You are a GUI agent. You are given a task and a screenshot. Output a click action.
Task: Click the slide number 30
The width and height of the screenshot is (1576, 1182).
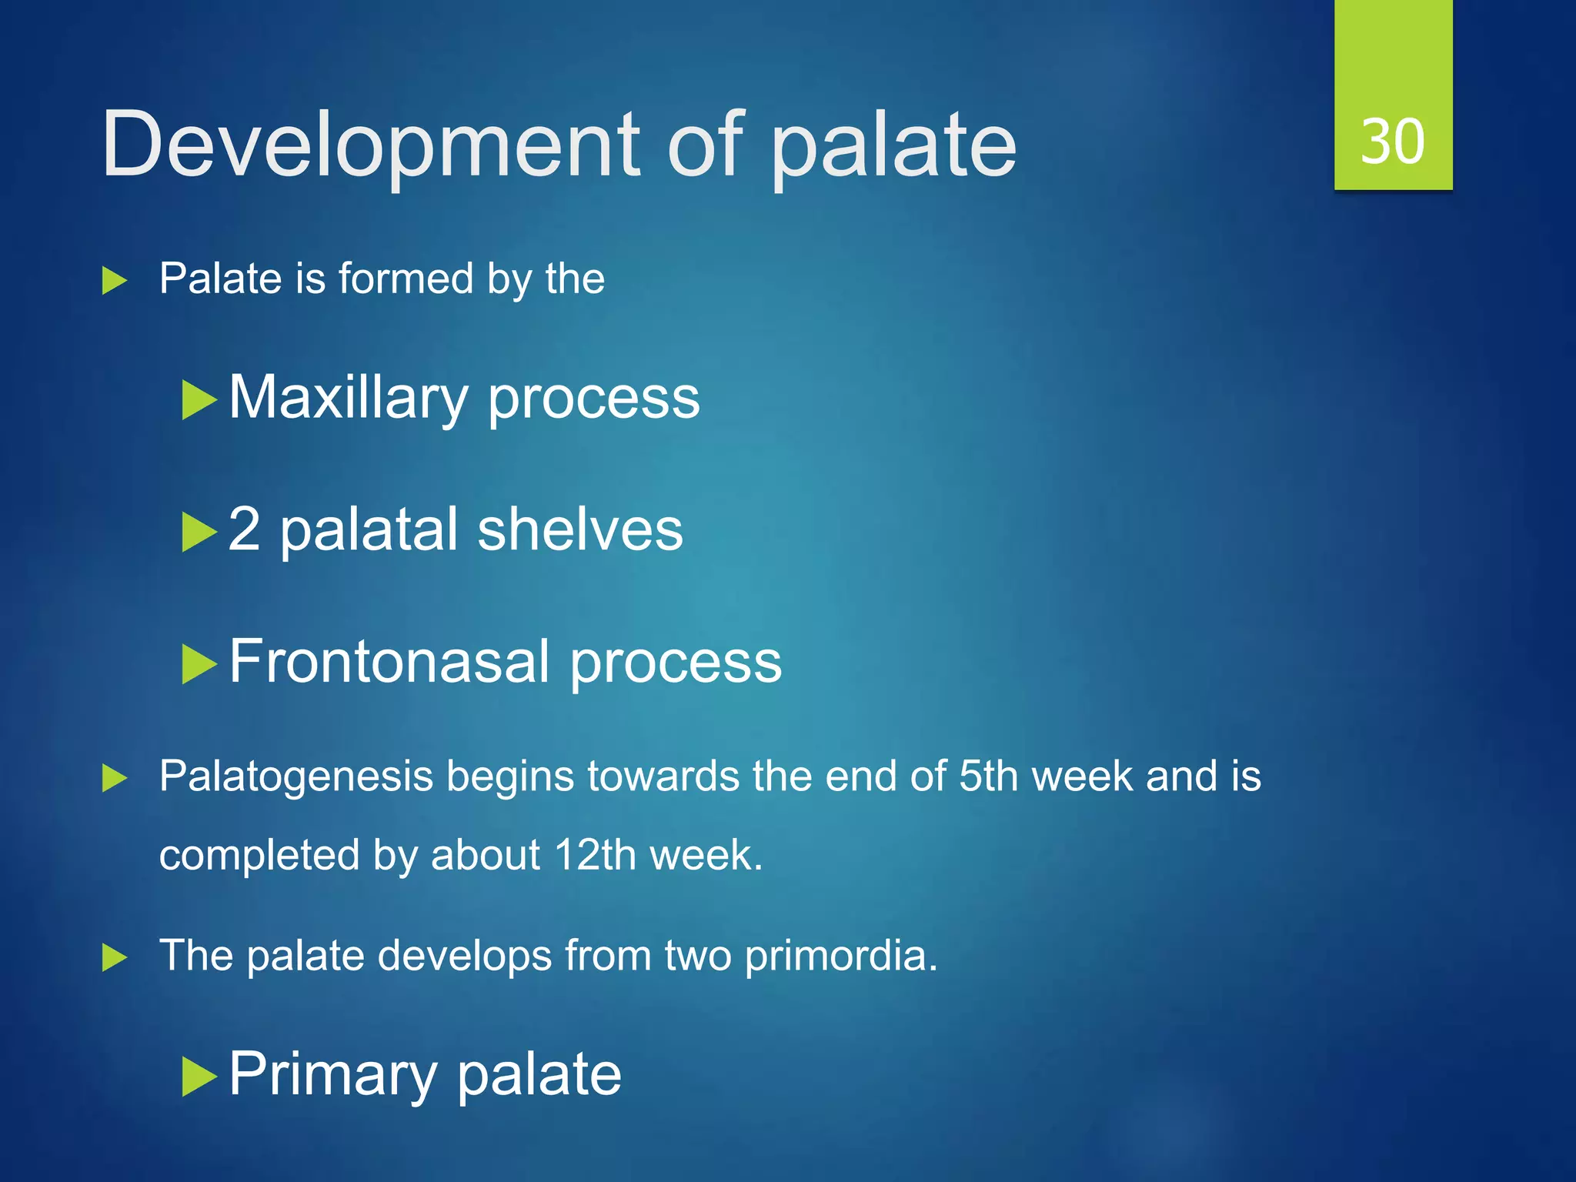coord(1392,142)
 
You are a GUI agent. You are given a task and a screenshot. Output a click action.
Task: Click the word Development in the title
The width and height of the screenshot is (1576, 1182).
coord(370,144)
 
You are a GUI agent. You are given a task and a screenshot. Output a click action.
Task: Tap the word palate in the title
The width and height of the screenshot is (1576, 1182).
coord(893,146)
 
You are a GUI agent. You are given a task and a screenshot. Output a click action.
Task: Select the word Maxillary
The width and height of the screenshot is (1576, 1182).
coord(348,398)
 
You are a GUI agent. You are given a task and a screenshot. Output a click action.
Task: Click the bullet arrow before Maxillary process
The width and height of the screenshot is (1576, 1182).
coord(199,400)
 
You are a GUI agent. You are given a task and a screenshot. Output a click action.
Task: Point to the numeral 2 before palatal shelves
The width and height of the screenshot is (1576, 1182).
coord(244,529)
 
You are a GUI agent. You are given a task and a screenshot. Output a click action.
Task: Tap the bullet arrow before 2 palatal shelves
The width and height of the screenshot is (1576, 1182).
coord(199,533)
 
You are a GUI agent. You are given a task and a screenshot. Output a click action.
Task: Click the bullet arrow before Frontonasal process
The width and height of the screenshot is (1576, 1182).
coord(199,664)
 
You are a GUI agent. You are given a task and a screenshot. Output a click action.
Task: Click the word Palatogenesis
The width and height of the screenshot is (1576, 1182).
coord(296,776)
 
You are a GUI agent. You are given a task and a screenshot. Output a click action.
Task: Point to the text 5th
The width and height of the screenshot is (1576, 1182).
coord(988,776)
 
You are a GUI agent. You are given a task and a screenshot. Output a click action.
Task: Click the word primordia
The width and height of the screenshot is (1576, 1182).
coord(840,956)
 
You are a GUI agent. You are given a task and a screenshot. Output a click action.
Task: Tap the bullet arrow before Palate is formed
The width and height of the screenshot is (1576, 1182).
coord(114,280)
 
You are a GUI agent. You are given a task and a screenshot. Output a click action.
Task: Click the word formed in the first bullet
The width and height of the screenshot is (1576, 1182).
coord(406,279)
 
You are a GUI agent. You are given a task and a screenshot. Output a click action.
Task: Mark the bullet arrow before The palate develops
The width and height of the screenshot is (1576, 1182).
coord(114,958)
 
